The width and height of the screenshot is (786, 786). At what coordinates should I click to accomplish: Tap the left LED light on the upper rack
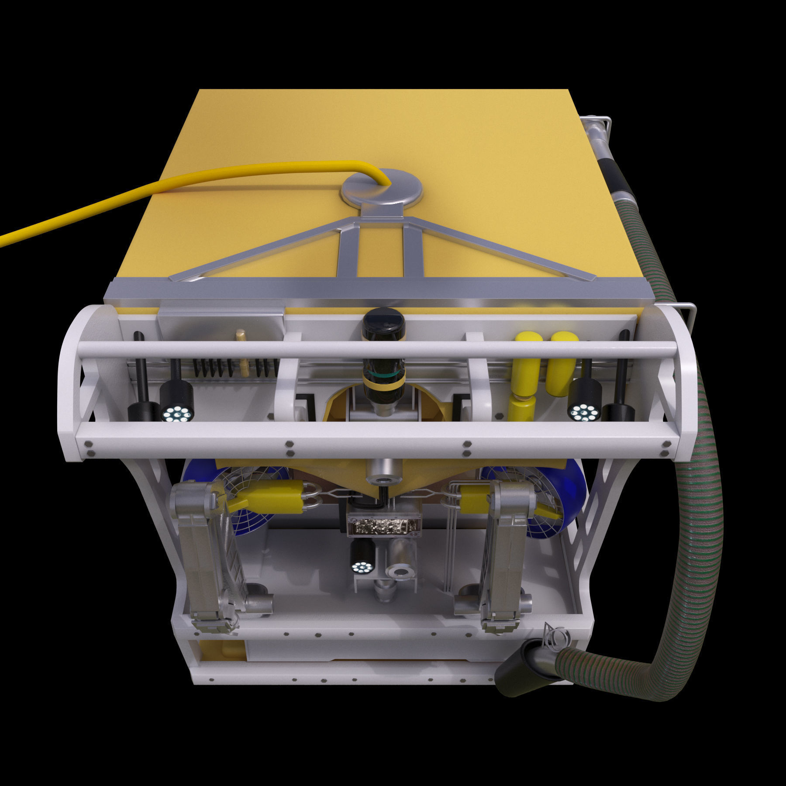pos(177,402)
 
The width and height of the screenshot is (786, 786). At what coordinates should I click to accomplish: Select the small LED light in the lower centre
pos(362,562)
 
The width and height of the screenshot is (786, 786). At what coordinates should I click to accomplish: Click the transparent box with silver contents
pos(383,524)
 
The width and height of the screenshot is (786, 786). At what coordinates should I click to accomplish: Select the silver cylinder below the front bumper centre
pos(383,472)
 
